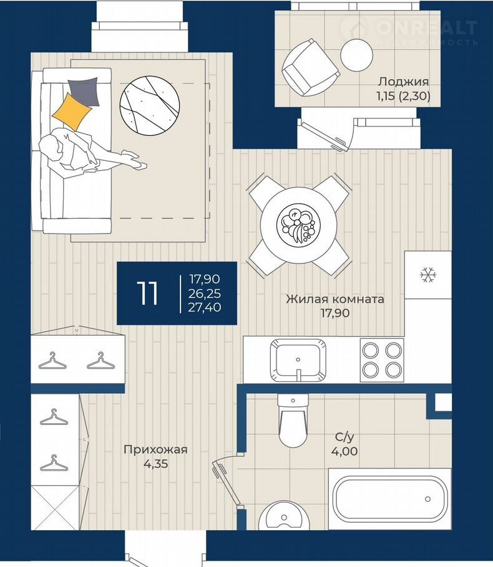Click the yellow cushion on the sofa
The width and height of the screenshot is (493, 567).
(72, 112)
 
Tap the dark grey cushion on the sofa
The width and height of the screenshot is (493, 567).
(84, 91)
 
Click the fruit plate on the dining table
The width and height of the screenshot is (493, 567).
(298, 224)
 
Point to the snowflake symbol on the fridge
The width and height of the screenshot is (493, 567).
(428, 275)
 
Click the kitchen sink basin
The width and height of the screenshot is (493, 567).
(298, 361)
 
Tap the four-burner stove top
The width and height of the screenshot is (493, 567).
(382, 360)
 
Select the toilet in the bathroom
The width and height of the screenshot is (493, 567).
(293, 421)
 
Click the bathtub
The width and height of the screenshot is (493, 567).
(390, 498)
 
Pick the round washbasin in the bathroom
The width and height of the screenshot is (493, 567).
(283, 516)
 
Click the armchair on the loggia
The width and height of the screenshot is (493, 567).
(310, 68)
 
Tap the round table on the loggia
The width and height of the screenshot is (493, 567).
(356, 55)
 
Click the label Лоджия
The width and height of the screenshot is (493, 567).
(403, 82)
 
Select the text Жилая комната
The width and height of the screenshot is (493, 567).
(335, 299)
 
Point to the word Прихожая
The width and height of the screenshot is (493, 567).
(156, 449)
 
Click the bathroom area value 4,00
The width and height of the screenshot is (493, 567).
(344, 451)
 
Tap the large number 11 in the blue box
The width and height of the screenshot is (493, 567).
(147, 293)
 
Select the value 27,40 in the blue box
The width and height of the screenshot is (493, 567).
(204, 307)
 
